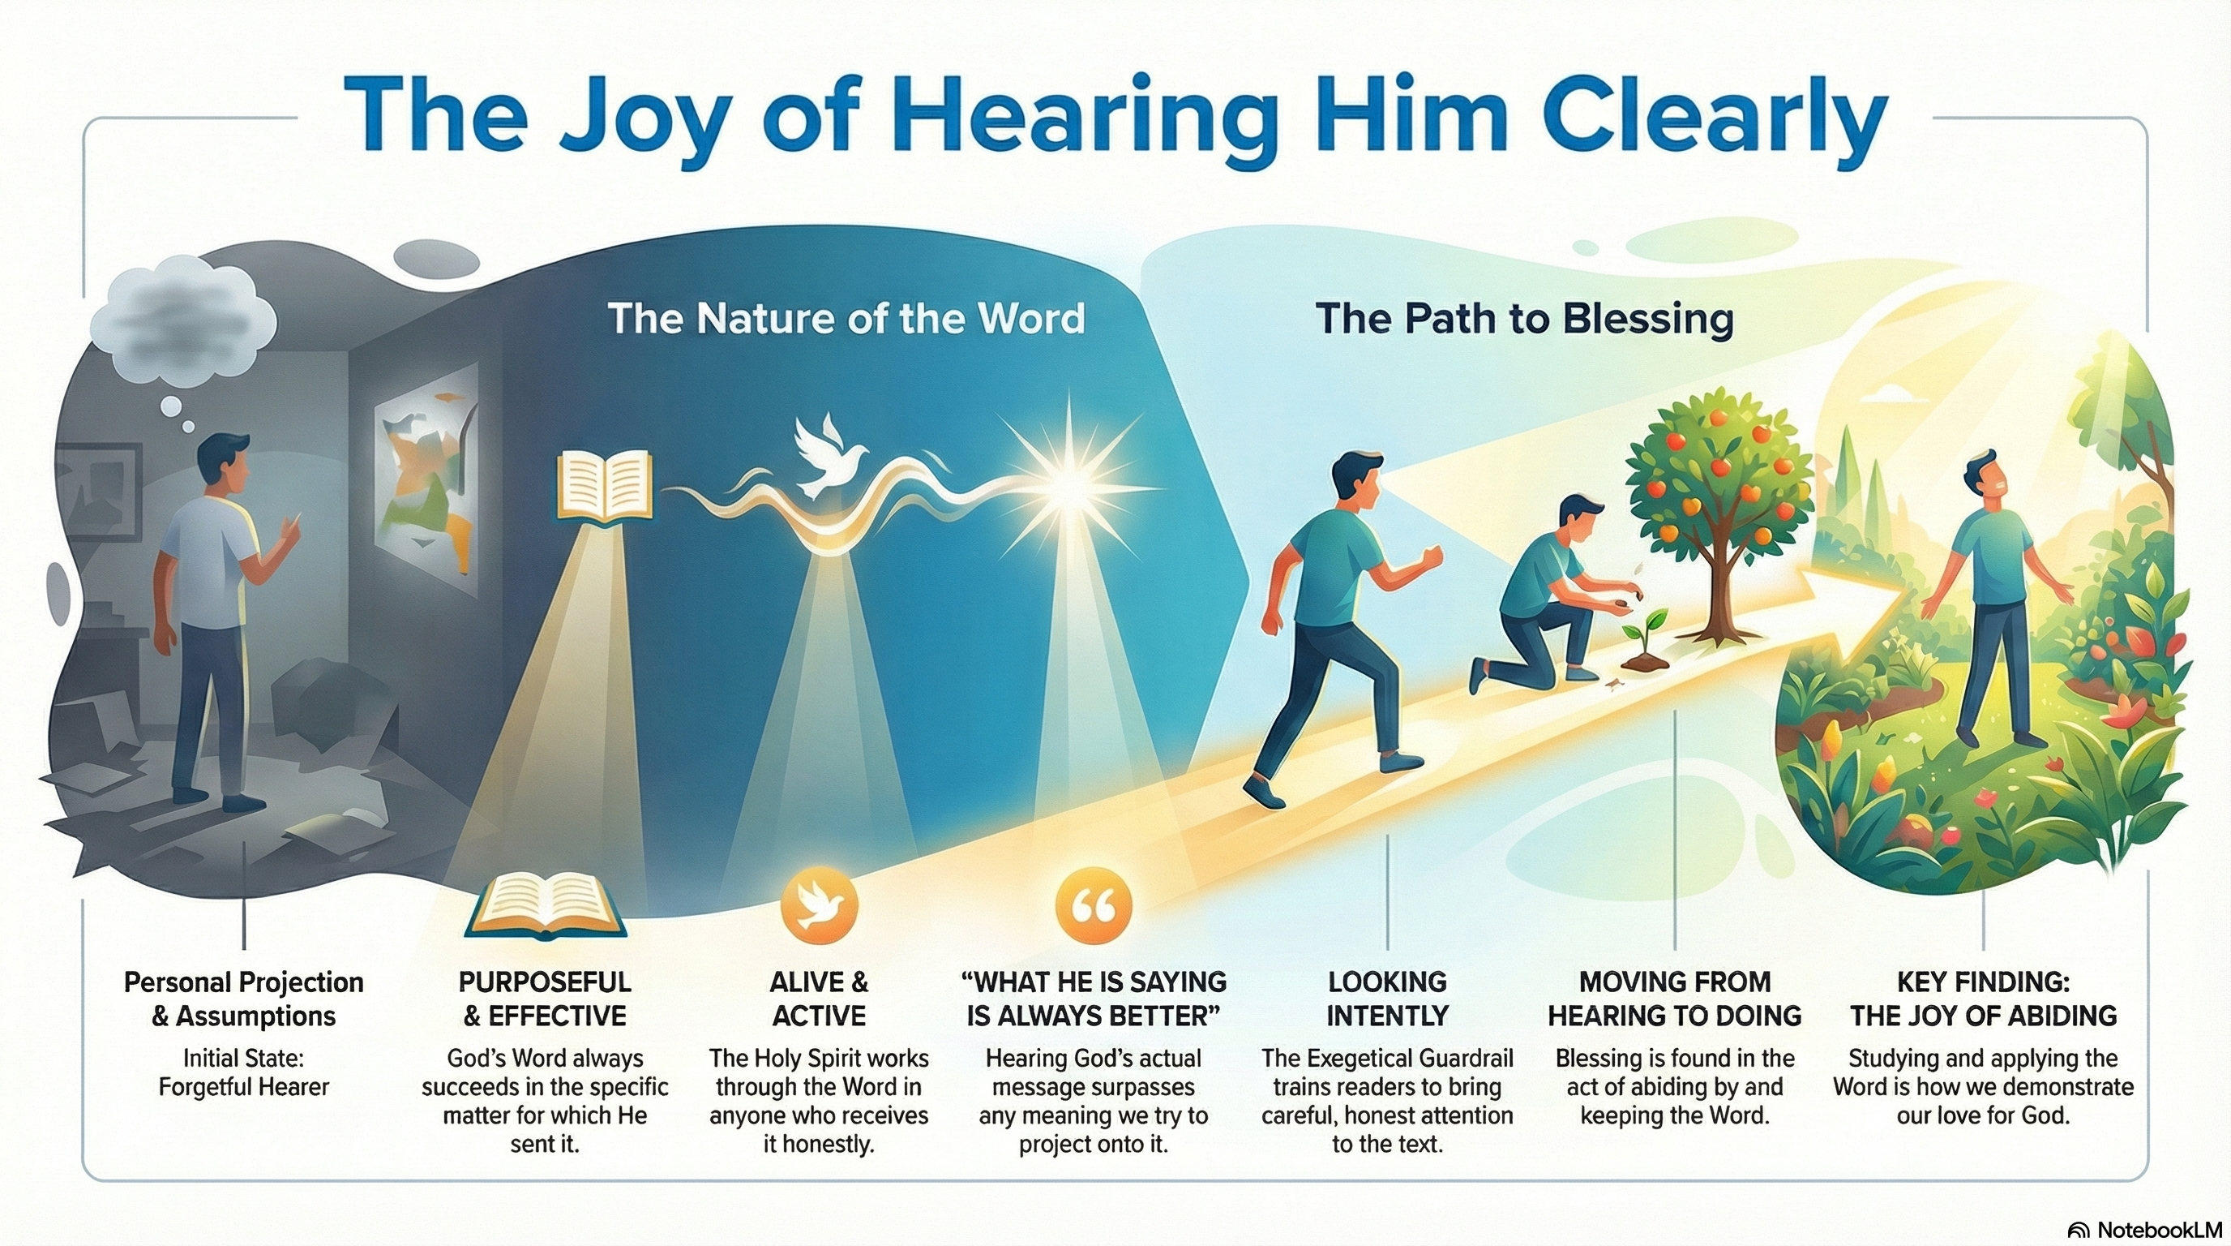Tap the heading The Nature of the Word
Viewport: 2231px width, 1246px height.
pyautogui.click(x=846, y=318)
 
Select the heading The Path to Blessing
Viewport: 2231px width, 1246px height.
pyautogui.click(x=1524, y=319)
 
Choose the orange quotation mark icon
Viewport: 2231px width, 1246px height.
pyautogui.click(x=1094, y=906)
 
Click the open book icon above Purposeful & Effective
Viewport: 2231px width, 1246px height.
pyautogui.click(x=546, y=904)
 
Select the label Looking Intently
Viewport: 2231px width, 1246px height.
pyautogui.click(x=1387, y=999)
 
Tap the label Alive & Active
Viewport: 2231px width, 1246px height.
pyautogui.click(x=819, y=999)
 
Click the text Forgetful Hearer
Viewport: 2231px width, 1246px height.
pyautogui.click(x=244, y=1086)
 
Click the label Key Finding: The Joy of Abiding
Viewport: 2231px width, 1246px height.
pyautogui.click(x=1983, y=999)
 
